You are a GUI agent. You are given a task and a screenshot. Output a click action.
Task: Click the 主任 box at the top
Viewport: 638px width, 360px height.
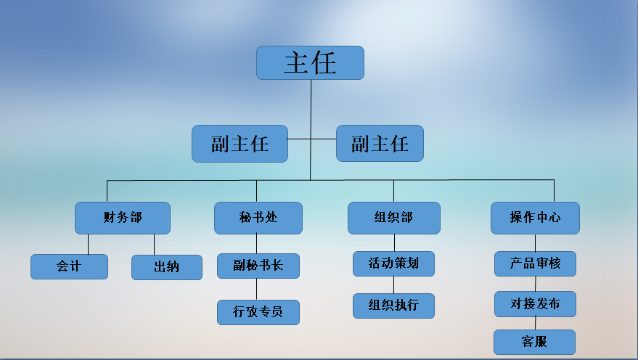[310, 62]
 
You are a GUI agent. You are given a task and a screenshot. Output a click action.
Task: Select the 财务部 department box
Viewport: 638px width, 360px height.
[122, 218]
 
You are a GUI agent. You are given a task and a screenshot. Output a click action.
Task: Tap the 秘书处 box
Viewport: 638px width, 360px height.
[258, 218]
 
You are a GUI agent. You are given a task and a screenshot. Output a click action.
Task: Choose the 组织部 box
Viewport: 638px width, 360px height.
[393, 218]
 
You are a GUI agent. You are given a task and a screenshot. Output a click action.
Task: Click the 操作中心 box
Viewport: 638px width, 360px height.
[535, 218]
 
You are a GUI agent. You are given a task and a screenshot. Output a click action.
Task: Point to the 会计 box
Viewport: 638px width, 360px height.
[69, 266]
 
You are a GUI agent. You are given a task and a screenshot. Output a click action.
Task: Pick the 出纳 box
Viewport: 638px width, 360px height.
[166, 267]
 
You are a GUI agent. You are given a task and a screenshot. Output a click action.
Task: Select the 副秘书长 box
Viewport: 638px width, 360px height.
[258, 266]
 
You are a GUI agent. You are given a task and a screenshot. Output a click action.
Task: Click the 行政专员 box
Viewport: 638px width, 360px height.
[258, 312]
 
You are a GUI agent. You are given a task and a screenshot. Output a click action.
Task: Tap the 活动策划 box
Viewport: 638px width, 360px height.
[393, 263]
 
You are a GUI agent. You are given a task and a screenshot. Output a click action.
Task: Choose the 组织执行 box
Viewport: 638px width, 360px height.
[393, 306]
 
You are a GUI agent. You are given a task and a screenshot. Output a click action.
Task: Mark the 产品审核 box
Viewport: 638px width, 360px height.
[535, 263]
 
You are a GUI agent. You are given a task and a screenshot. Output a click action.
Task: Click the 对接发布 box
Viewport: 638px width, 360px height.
[535, 304]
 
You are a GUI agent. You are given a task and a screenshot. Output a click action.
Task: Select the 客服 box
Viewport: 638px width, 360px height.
[534, 342]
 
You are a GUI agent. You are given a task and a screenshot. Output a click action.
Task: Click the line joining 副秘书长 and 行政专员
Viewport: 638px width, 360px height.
[258, 289]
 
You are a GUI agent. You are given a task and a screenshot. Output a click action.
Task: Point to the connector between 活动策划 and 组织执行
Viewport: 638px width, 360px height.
[393, 285]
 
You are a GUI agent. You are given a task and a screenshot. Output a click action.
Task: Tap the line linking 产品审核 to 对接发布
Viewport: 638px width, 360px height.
[536, 284]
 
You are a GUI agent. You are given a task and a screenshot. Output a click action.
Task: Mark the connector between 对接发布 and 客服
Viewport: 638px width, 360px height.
[536, 323]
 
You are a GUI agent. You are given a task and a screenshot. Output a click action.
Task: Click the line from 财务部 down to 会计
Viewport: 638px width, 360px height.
[89, 244]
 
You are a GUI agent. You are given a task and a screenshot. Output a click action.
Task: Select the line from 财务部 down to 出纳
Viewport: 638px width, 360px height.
[154, 244]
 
